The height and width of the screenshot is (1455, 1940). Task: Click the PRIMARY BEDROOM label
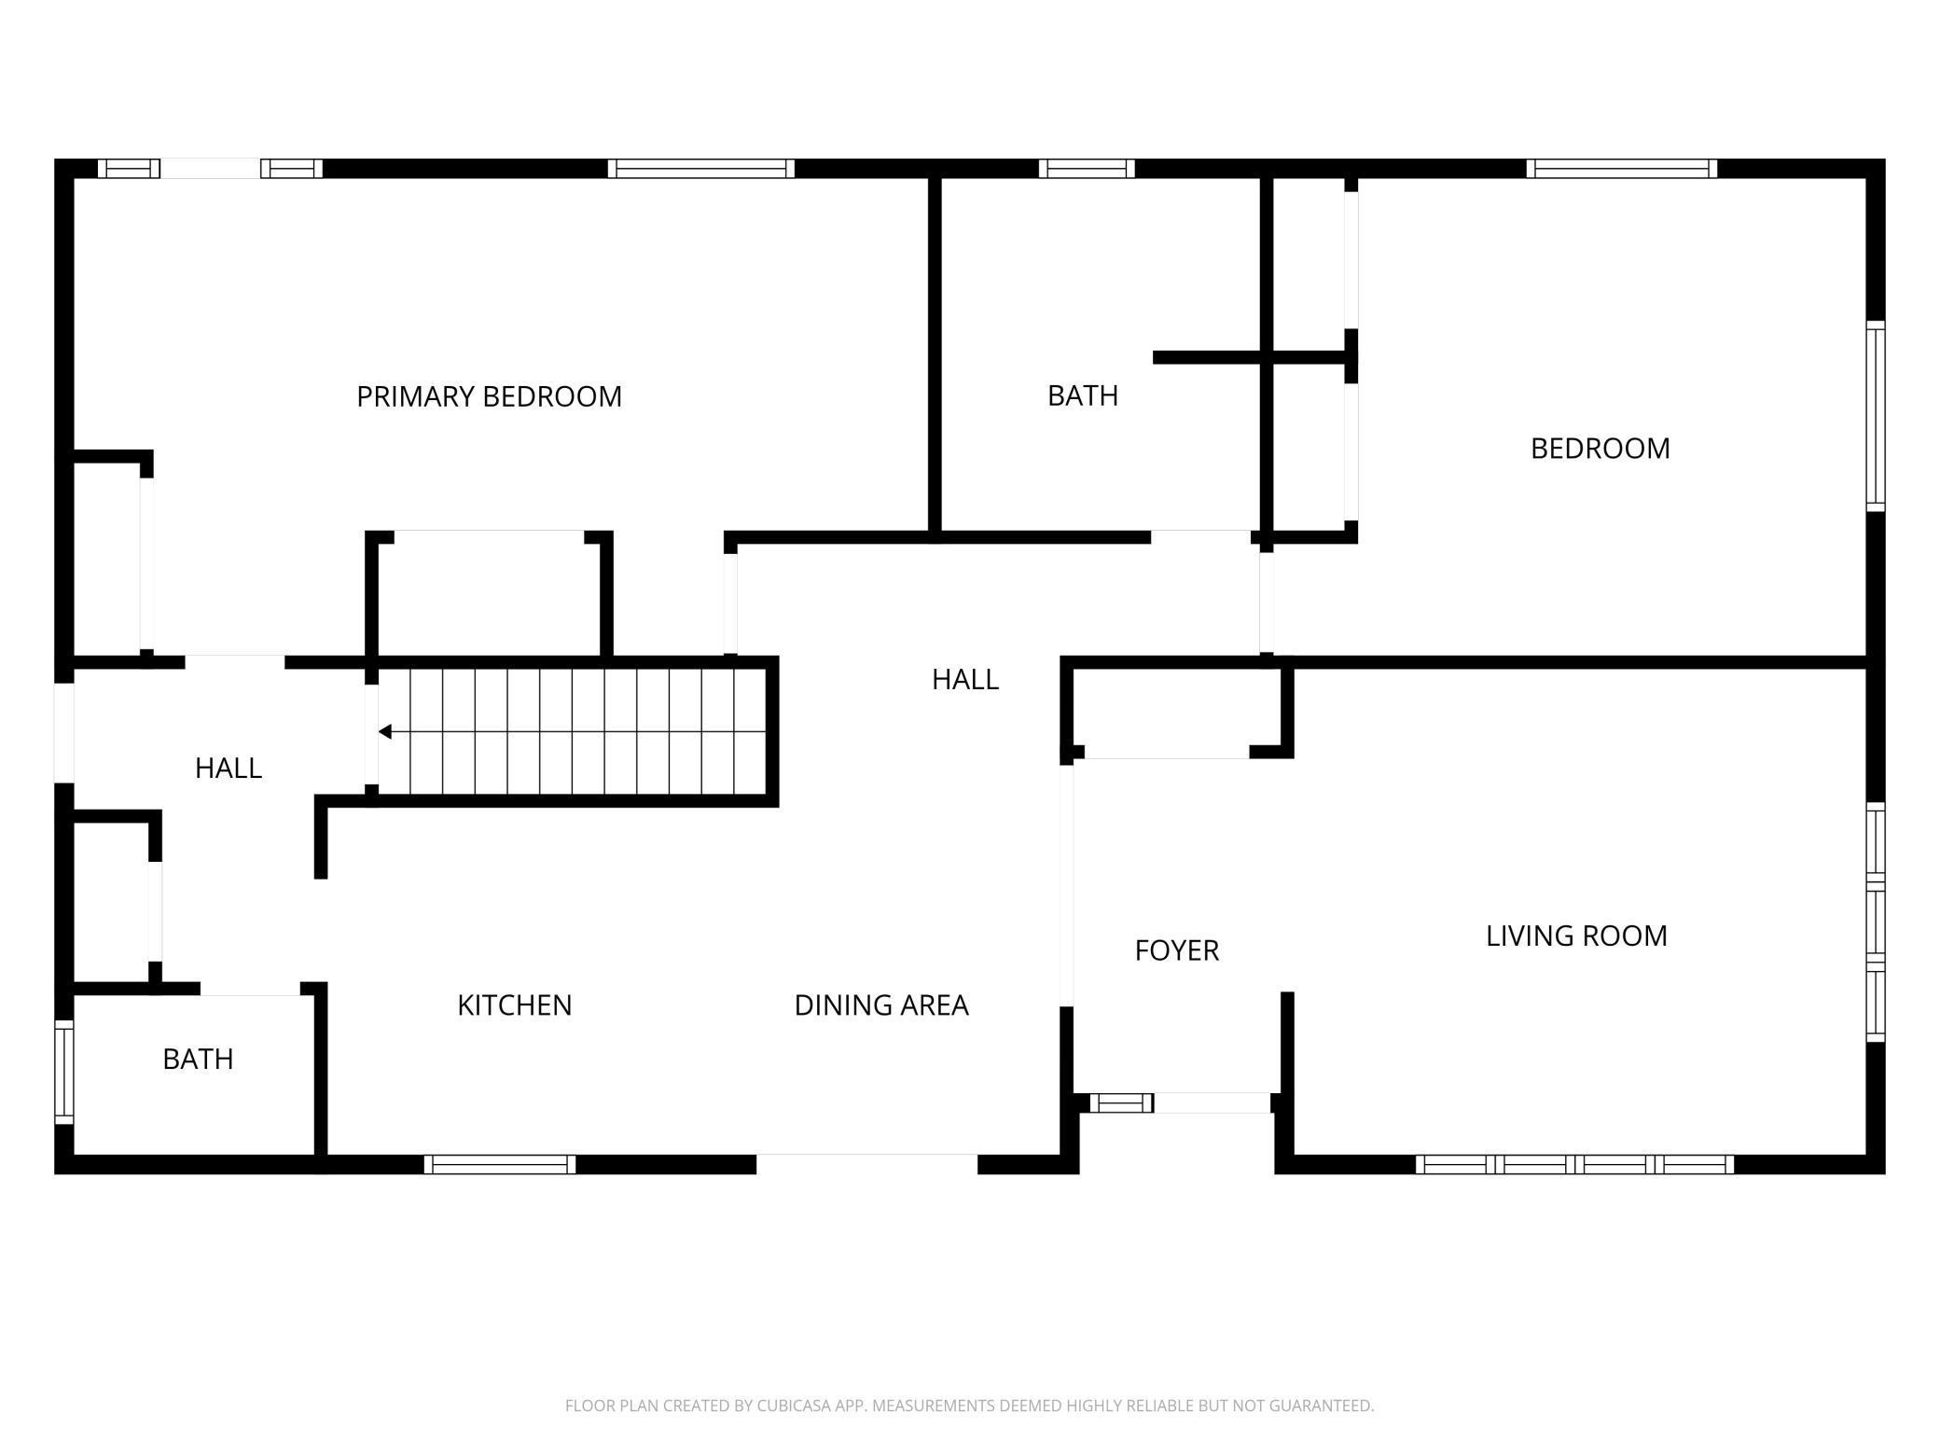coord(489,396)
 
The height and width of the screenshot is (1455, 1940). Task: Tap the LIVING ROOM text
coord(1576,935)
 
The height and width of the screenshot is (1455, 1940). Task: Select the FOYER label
coord(1177,950)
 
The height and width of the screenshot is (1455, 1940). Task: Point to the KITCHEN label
coord(514,1005)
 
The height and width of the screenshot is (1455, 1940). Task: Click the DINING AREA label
coord(881,1005)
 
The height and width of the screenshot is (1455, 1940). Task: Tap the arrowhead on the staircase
coord(384,732)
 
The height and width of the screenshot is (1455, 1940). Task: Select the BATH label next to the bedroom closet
coord(1083,395)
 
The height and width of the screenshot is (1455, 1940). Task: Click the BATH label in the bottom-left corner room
coord(198,1059)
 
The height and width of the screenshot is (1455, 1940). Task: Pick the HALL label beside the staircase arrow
coord(229,768)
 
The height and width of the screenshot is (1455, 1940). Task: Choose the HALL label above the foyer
coord(965,679)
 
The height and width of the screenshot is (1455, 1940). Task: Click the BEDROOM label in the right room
coord(1600,449)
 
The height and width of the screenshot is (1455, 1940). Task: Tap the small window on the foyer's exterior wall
coord(1122,1102)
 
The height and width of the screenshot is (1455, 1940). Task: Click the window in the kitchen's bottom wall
coord(500,1164)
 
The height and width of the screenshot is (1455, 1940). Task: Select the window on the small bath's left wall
coord(63,1072)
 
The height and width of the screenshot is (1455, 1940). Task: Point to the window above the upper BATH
coord(1087,169)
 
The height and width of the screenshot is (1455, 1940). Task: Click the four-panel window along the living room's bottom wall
coord(1574,1164)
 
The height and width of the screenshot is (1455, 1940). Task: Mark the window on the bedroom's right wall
coord(1876,416)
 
